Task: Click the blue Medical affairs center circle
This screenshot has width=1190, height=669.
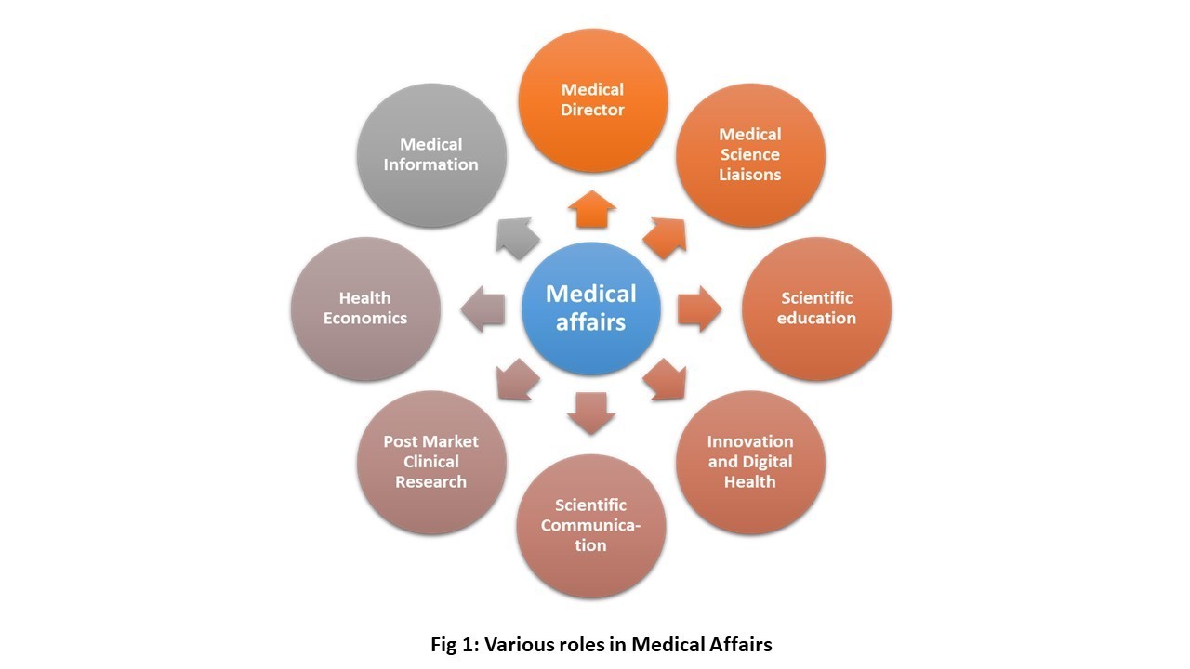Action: [x=591, y=308]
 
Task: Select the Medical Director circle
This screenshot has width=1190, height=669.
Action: [x=592, y=100]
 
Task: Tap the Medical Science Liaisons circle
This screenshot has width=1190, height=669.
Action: [x=749, y=154]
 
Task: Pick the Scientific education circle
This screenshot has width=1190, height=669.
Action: [x=816, y=308]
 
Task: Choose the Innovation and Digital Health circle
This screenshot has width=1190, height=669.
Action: [x=749, y=462]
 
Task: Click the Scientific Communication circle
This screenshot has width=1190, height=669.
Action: [x=591, y=525]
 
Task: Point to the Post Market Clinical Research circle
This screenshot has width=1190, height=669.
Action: [x=431, y=462]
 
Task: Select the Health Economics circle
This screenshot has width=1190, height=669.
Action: [x=365, y=308]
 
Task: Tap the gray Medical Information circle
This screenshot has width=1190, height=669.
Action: [x=431, y=154]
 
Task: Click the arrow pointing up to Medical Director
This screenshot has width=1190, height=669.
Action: [x=591, y=210]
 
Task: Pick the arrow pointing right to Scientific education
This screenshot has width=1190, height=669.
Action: [x=698, y=309]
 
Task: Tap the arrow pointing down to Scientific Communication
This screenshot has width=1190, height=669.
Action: [x=591, y=412]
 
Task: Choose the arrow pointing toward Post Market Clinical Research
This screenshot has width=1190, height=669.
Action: [x=518, y=379]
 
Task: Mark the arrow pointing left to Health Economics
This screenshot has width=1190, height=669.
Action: [x=484, y=309]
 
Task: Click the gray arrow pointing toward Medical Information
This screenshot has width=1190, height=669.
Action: [x=517, y=239]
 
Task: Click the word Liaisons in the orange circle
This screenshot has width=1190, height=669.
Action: [x=749, y=175]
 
